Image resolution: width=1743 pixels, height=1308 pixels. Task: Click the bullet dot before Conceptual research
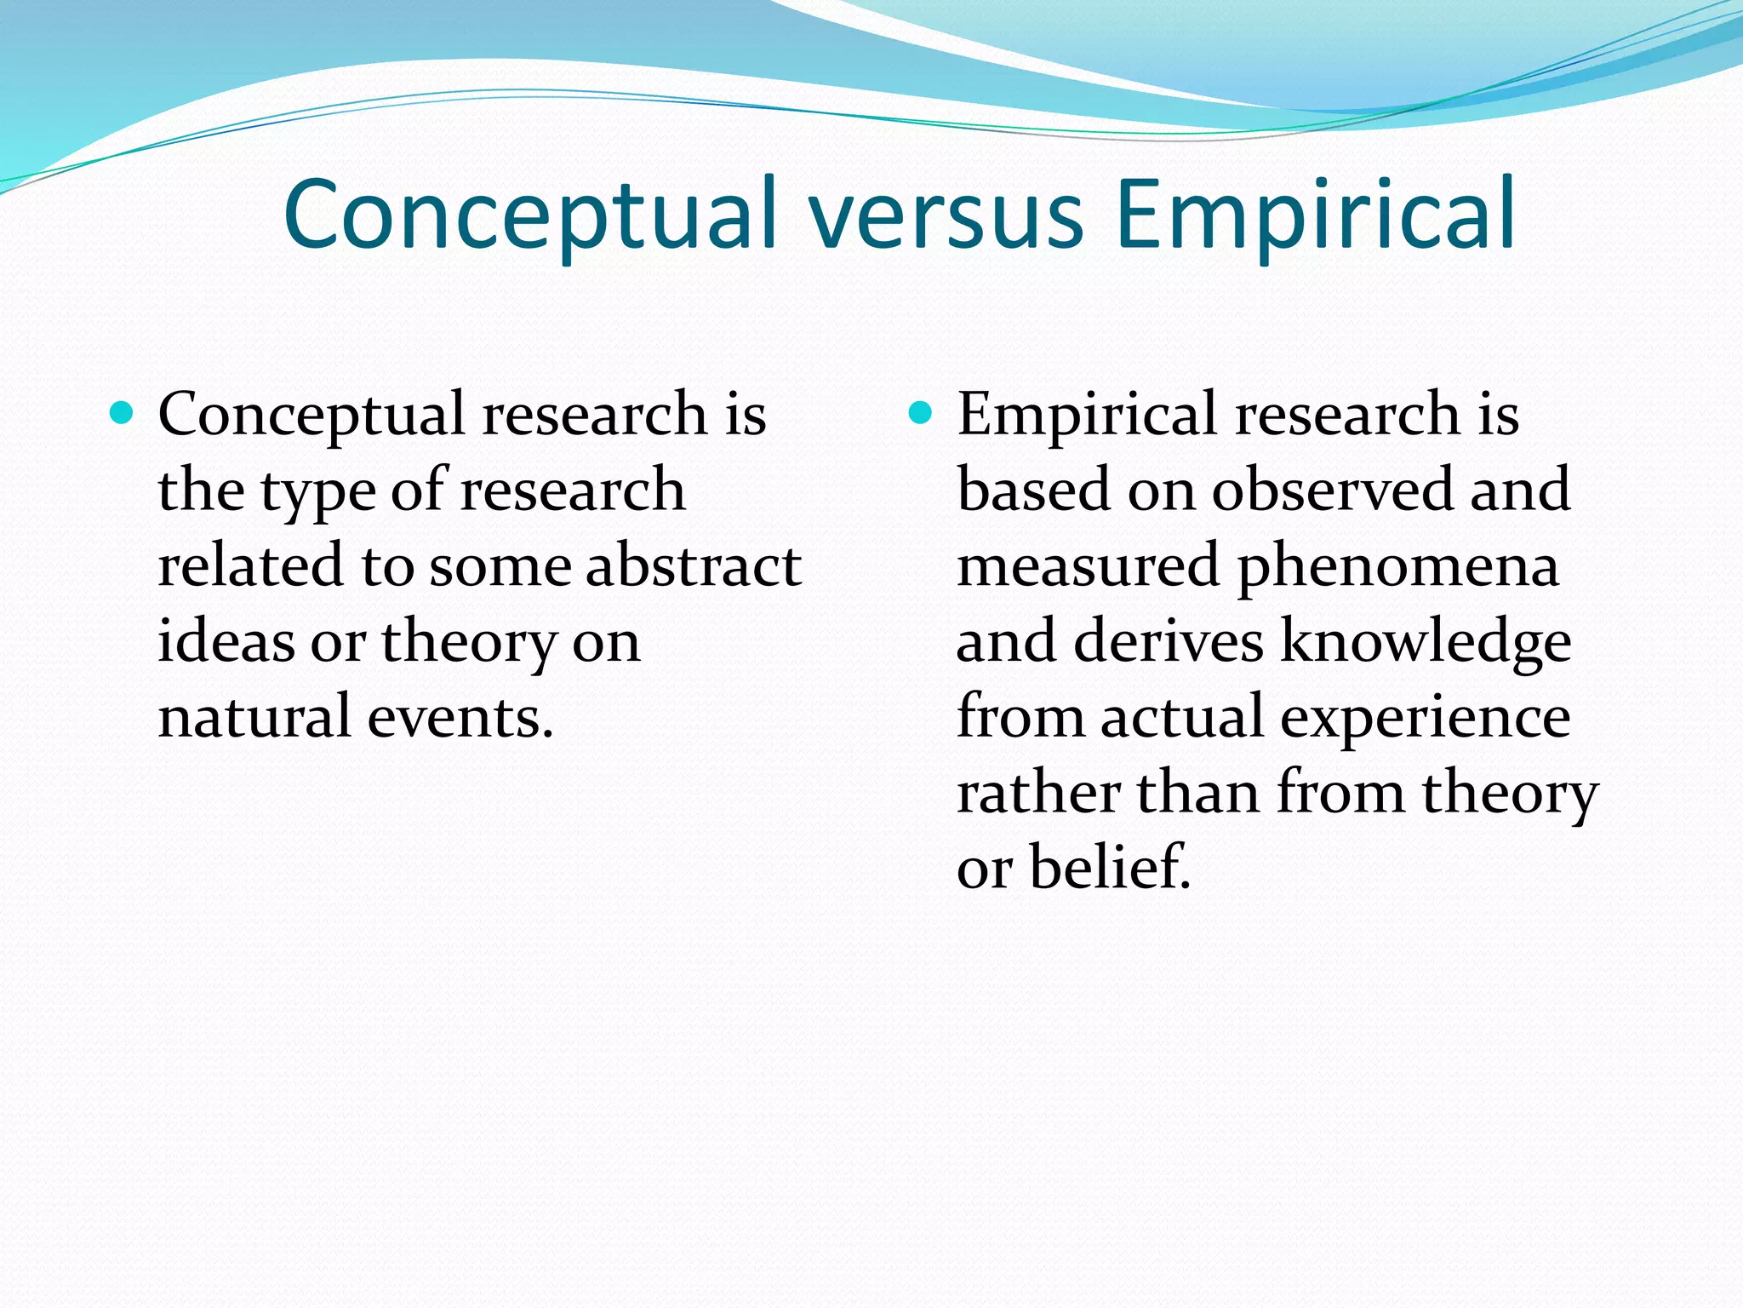pos(123,415)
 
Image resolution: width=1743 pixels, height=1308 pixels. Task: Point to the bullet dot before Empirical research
pos(921,415)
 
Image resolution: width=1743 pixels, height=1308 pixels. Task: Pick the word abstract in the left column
pos(693,566)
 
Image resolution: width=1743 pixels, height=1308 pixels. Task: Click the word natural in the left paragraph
pos(254,717)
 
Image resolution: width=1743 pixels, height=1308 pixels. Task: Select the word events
pos(460,717)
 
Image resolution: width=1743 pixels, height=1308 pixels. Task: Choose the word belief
pos(1110,867)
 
